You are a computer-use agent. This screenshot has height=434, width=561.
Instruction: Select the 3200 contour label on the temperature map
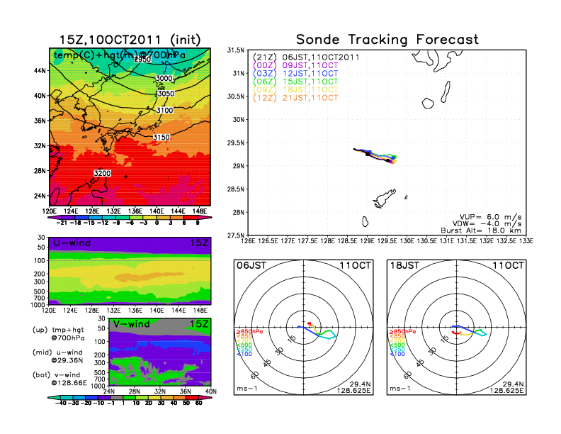pyautogui.click(x=102, y=173)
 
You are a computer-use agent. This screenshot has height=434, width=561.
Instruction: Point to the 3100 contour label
pyautogui.click(x=164, y=111)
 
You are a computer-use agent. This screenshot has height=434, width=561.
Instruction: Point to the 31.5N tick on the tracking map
pyautogui.click(x=235, y=50)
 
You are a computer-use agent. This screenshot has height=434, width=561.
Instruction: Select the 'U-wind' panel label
pyautogui.click(x=71, y=244)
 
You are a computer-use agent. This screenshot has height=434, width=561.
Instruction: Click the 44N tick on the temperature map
pyautogui.click(x=39, y=71)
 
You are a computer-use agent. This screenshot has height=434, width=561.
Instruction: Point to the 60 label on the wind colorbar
pyautogui.click(x=200, y=402)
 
